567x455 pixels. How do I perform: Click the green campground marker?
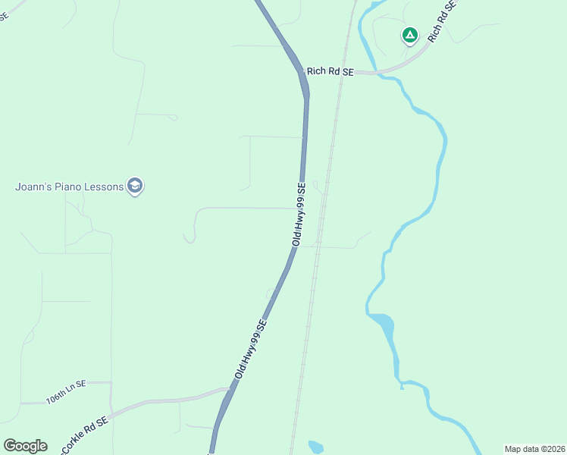point(409,35)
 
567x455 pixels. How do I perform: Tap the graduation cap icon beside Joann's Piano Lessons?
point(135,186)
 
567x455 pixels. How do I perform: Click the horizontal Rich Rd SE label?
point(330,71)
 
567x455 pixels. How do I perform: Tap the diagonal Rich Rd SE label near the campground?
point(443,20)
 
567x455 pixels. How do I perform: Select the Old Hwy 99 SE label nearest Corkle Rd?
point(251,350)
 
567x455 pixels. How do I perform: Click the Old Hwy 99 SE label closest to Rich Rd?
point(301,213)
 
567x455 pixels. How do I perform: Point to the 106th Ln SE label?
point(66,393)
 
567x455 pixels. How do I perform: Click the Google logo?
point(26,446)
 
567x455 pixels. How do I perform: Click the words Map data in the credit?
point(522,449)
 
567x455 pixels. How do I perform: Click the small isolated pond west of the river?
point(316,447)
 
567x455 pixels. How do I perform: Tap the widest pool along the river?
point(381,323)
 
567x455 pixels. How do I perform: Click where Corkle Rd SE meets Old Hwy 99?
point(228,391)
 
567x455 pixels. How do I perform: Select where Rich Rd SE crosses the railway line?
point(342,73)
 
